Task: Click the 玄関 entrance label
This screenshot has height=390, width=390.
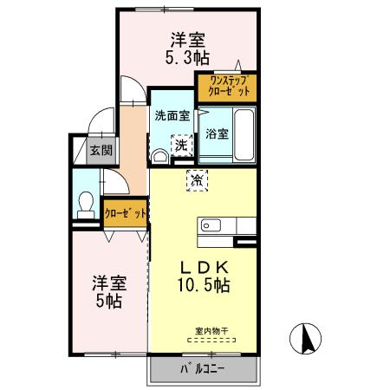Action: pyautogui.click(x=101, y=150)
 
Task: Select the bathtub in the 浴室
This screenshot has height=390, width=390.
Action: pyautogui.click(x=244, y=134)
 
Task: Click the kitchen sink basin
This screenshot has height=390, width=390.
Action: pyautogui.click(x=211, y=225)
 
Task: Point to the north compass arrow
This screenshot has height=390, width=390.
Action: pyautogui.click(x=307, y=339)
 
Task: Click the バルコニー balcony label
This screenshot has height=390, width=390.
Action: pyautogui.click(x=203, y=369)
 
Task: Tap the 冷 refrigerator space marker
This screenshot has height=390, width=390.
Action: pyautogui.click(x=197, y=181)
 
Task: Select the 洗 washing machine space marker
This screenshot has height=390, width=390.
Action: pyautogui.click(x=182, y=146)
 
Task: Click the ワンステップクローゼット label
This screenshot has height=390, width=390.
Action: pyautogui.click(x=229, y=86)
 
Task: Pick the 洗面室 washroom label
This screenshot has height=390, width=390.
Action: pyautogui.click(x=172, y=116)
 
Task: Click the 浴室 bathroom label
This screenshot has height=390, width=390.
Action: pyautogui.click(x=217, y=133)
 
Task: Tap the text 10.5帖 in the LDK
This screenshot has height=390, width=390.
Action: pyautogui.click(x=204, y=285)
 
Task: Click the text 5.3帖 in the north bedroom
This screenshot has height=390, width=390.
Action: pyautogui.click(x=187, y=57)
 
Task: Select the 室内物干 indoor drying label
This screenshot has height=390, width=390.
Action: pyautogui.click(x=211, y=331)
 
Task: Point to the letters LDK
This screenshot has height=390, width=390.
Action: pyautogui.click(x=205, y=268)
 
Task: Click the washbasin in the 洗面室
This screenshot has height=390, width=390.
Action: pyautogui.click(x=159, y=157)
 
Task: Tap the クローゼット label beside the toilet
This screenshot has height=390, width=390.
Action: pyautogui.click(x=126, y=213)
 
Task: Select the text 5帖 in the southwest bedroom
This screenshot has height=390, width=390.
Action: pyautogui.click(x=109, y=301)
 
